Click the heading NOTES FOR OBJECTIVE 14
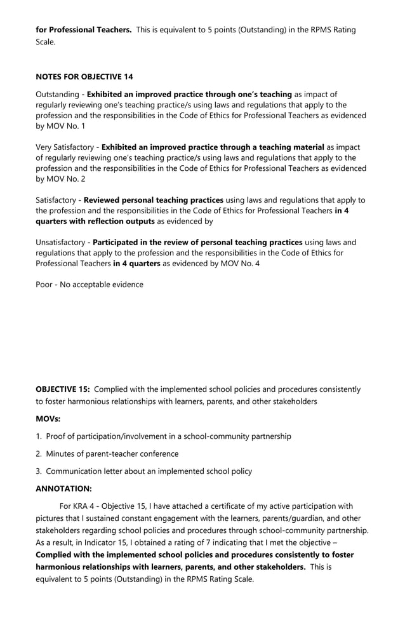84,77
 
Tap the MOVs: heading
48,419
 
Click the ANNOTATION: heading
63,489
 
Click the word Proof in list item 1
57,436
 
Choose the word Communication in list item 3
74,471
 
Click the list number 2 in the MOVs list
38,454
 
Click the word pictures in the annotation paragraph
51,518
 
